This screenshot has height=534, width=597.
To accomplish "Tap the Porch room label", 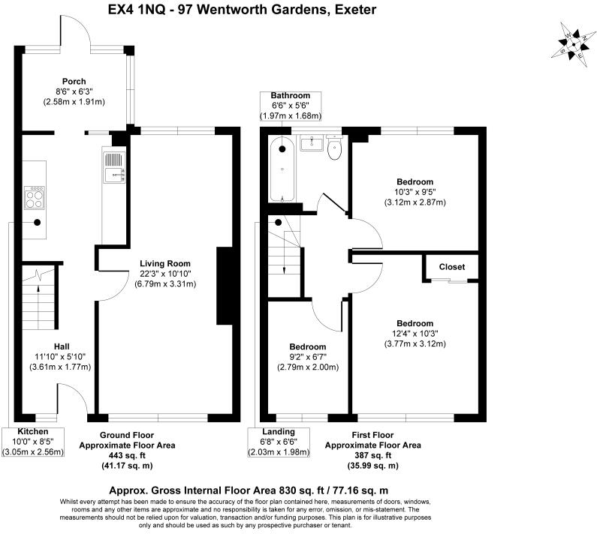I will tap(74, 82).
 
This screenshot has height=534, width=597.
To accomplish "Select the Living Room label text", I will tap(164, 263).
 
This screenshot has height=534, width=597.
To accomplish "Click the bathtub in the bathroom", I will tap(282, 169).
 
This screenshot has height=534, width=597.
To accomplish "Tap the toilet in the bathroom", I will tap(335, 149).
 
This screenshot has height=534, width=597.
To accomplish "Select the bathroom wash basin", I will tap(312, 143).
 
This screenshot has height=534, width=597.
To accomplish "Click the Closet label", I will tap(451, 267).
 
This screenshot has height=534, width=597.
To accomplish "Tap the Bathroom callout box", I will tap(290, 106).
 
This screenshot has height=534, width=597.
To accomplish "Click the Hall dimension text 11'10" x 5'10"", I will tap(56, 356).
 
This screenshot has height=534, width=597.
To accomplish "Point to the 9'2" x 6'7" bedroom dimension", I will tap(308, 357).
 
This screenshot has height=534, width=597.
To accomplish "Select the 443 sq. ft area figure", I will tap(127, 455).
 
